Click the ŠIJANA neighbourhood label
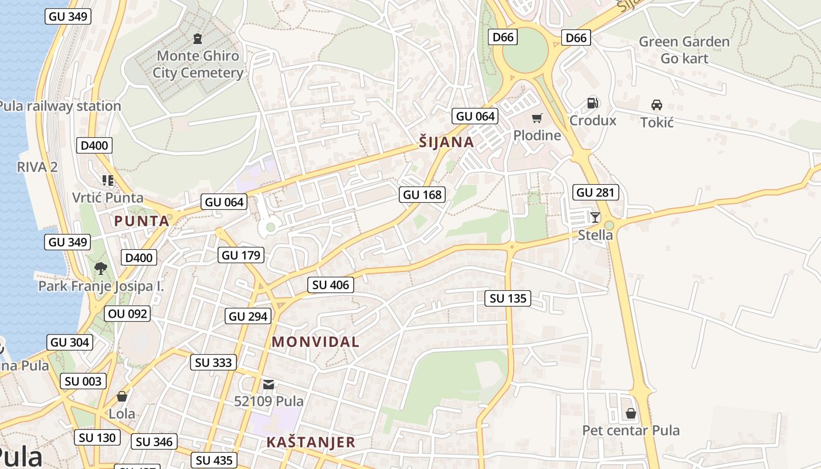(x=447, y=142)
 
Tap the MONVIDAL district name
(x=315, y=342)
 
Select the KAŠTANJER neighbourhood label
(x=311, y=442)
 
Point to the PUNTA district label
(x=141, y=221)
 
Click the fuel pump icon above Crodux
(x=593, y=103)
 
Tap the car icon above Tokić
(x=657, y=105)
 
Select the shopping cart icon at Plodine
(x=537, y=118)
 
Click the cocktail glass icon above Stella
(x=595, y=217)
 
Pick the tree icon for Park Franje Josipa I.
(x=101, y=269)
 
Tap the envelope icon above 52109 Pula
(x=269, y=385)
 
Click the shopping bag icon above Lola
(x=122, y=397)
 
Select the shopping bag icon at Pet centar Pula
(x=631, y=414)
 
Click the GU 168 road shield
(x=422, y=195)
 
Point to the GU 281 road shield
(x=596, y=192)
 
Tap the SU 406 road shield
(x=331, y=286)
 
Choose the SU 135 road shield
(x=508, y=298)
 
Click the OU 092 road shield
(x=128, y=314)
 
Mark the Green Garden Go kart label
(x=684, y=50)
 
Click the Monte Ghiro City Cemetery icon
(x=198, y=39)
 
